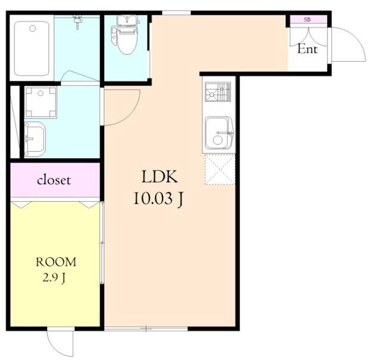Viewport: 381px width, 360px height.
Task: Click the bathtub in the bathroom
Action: point(32,49)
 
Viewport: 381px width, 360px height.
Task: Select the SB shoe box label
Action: point(307,20)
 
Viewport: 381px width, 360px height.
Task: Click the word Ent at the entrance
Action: point(307,49)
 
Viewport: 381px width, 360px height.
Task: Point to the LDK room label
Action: point(160,177)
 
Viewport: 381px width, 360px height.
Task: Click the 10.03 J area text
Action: point(158,199)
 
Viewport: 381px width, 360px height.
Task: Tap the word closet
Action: point(54,180)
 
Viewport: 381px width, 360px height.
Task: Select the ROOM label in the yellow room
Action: point(56,262)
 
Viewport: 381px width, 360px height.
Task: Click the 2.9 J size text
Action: point(54,278)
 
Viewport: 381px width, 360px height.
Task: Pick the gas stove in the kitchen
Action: point(218,92)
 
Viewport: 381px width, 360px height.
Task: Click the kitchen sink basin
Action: point(219,133)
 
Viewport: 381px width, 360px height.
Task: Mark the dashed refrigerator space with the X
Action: point(220,170)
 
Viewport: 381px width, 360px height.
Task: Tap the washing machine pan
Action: point(40,102)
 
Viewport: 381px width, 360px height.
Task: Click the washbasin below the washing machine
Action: point(35,139)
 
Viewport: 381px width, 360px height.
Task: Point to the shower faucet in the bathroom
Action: point(77,21)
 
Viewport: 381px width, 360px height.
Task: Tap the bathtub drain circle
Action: point(32,29)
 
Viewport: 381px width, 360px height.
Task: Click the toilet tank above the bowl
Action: point(127,21)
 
